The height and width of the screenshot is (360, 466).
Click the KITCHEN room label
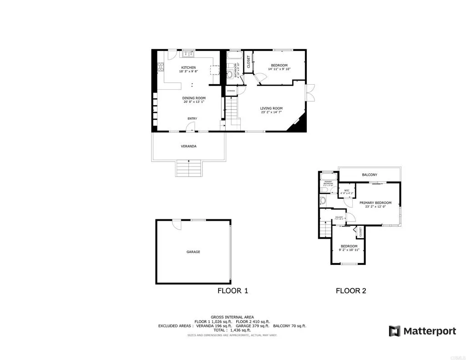click(x=188, y=68)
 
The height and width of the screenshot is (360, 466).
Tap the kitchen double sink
click(x=188, y=55)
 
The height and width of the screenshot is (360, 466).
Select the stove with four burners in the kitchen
click(x=161, y=67)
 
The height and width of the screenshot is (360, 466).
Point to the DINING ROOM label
click(x=194, y=98)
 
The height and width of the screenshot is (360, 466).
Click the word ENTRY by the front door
click(x=192, y=119)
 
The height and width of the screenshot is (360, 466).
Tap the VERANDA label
click(x=188, y=146)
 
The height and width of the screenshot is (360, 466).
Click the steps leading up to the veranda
click(x=188, y=168)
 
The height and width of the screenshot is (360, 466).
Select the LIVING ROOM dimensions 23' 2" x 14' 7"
click(x=271, y=112)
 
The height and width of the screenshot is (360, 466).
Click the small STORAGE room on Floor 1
click(x=231, y=91)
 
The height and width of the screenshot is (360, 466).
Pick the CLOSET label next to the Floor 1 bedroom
click(x=248, y=62)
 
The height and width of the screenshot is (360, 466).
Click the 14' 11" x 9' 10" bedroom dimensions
click(x=279, y=69)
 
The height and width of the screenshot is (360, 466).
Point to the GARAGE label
click(x=193, y=252)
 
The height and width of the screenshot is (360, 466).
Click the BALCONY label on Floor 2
click(x=369, y=175)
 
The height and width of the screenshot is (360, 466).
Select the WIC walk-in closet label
click(x=346, y=190)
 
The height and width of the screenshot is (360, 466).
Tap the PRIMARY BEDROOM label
click(x=375, y=203)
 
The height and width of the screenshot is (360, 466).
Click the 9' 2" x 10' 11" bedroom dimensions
click(x=349, y=250)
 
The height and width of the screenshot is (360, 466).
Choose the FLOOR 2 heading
click(x=351, y=290)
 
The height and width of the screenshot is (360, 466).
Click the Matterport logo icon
click(x=395, y=331)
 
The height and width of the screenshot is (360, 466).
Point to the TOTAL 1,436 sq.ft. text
click(x=232, y=330)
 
